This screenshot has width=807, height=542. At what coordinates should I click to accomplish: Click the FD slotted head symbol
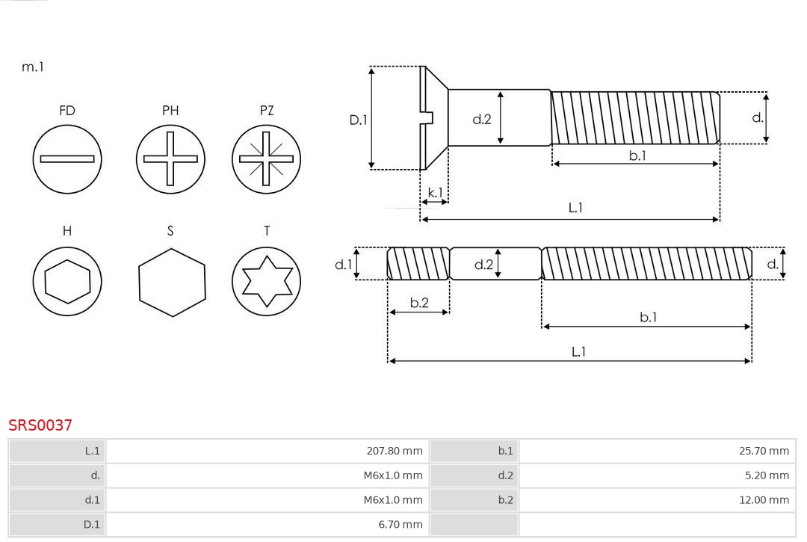tap(67, 158)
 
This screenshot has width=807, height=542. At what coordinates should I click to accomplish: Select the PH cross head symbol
tap(170, 158)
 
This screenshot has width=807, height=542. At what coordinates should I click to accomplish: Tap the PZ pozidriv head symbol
tap(266, 158)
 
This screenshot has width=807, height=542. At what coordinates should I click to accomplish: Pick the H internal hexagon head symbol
tap(67, 281)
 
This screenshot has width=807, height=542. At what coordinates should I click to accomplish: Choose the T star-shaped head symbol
tap(266, 281)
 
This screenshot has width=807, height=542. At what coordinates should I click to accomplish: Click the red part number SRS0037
tap(40, 425)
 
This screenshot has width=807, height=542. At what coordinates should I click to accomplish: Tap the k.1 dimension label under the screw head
tap(434, 193)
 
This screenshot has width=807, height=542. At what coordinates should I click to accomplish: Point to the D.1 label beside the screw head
tap(359, 119)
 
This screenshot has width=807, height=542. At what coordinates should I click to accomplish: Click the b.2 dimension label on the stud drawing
tap(419, 303)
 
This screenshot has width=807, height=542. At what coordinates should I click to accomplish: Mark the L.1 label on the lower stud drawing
tap(578, 351)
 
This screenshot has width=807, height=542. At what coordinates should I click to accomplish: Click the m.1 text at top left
tap(33, 67)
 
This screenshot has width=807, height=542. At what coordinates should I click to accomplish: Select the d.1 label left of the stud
tap(342, 264)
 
